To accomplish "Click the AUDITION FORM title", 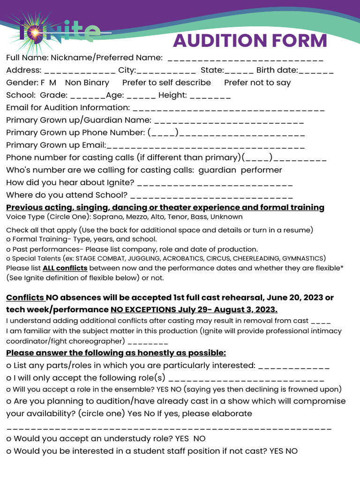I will point(250,41).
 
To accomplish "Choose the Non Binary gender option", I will point(87,82).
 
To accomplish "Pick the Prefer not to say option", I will point(257,82).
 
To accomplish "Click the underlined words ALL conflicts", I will point(65,268).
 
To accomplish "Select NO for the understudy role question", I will point(200,438).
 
